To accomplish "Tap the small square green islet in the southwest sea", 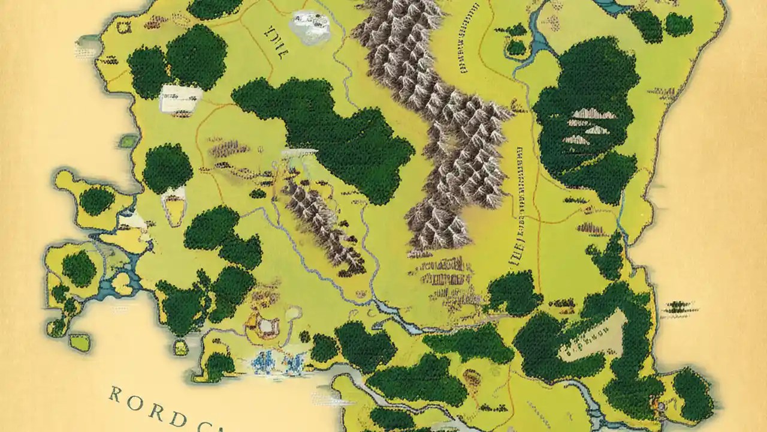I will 78,342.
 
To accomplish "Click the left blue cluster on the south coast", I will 262,362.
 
